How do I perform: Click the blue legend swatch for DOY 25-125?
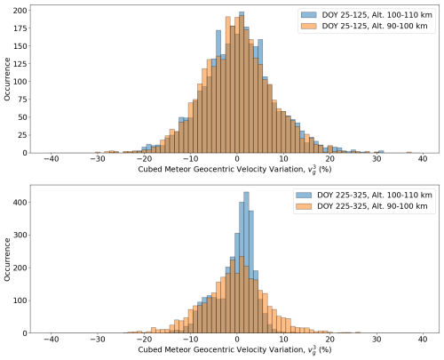(x=309, y=15)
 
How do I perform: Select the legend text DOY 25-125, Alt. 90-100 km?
(x=375, y=26)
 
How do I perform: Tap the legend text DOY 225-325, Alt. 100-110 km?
(x=375, y=195)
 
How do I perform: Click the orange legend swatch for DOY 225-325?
(x=304, y=206)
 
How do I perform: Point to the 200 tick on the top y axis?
(x=30, y=11)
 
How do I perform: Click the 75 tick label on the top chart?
(x=21, y=100)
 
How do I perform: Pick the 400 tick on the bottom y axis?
(x=30, y=203)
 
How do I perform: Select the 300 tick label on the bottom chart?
(x=20, y=235)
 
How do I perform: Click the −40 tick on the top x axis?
(x=51, y=154)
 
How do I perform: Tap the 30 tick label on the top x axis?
(x=377, y=159)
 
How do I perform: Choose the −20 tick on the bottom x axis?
(x=144, y=334)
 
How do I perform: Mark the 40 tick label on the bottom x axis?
(x=423, y=340)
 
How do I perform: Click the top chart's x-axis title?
(x=234, y=170)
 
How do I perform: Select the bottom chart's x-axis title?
(x=234, y=350)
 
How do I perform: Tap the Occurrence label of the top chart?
(x=7, y=79)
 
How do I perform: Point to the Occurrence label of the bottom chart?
(x=7, y=260)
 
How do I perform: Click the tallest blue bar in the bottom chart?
(x=246, y=262)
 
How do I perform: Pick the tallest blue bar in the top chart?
(x=242, y=82)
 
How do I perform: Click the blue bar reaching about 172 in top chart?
(x=218, y=92)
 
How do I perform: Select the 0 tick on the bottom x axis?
(x=237, y=334)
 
